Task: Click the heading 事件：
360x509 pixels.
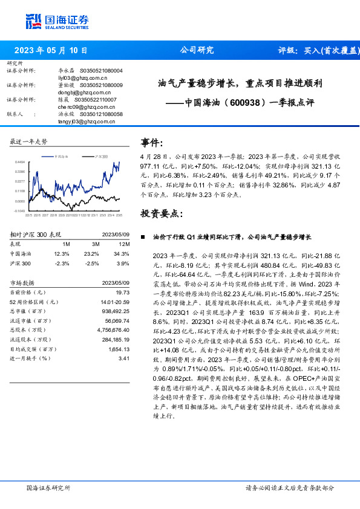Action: [x=152, y=143]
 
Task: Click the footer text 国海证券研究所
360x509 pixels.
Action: [x=49, y=487]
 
